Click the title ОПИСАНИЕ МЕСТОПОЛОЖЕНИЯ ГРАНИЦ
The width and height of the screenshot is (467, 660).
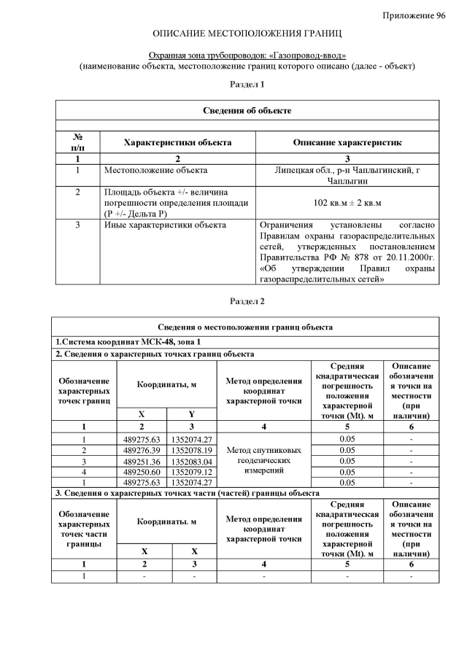247,34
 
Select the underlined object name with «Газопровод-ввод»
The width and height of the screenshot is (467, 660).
247,55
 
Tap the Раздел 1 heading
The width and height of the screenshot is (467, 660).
247,85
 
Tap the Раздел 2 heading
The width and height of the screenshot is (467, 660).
247,301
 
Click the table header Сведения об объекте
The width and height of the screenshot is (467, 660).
247,110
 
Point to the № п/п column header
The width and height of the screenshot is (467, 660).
77,142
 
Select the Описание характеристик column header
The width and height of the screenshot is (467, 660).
347,142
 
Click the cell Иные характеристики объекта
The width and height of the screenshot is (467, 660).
162,225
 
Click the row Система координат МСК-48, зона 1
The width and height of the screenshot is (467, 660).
128,341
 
